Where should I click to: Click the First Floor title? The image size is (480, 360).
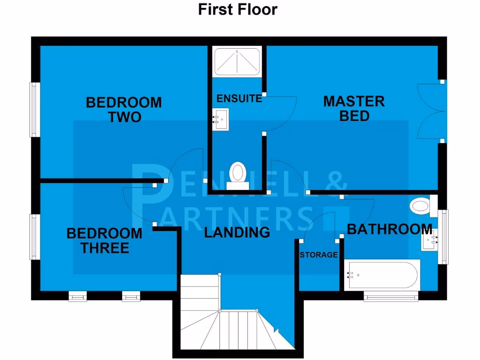point(237,9)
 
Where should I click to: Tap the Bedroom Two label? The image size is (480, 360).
point(124,109)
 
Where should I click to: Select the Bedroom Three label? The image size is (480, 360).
point(104,240)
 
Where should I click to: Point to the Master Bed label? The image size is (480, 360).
point(354,108)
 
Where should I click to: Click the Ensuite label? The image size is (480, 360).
point(239,98)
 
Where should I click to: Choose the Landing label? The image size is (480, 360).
point(237,232)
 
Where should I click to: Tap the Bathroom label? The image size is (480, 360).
point(389,229)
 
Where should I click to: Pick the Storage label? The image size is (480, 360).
point(319,255)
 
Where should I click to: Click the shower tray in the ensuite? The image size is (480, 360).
point(237,61)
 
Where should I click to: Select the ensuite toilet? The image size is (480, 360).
point(238,174)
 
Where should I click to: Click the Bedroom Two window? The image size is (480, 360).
point(34,110)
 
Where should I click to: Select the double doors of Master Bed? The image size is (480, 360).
point(431,111)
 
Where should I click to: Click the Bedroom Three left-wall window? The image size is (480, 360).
point(34,236)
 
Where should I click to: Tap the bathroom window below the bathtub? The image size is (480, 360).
point(390,296)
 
